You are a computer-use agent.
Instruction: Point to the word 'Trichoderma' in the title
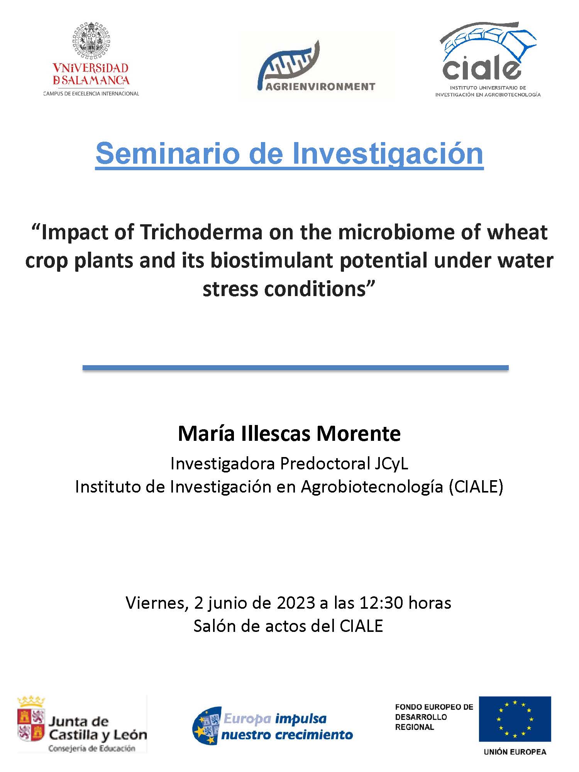(201, 232)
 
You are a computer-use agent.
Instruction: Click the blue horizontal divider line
(296, 368)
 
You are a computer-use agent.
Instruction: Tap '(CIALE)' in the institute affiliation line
(476, 487)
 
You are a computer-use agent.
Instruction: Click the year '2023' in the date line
(296, 603)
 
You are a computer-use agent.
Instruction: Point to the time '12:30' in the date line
(381, 603)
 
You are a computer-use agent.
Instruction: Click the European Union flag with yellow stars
(515, 719)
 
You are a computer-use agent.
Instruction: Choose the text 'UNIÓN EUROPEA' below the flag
(515, 752)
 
